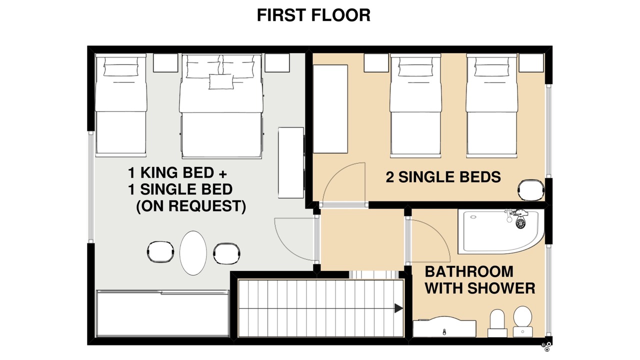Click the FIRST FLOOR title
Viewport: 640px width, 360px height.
[x=313, y=15]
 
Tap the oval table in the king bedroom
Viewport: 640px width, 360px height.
[x=193, y=253]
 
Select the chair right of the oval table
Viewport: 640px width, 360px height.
[x=227, y=253]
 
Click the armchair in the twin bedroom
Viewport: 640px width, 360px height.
[x=531, y=190]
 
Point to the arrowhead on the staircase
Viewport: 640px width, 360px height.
[x=399, y=308]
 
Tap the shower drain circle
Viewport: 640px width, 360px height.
[x=521, y=223]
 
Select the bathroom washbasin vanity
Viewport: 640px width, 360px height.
[x=444, y=326]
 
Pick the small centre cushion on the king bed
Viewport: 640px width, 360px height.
[x=221, y=81]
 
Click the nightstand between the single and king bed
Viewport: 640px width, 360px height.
[x=165, y=63]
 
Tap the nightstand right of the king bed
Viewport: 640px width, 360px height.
[x=277, y=63]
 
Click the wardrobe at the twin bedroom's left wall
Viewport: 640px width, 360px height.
[x=330, y=109]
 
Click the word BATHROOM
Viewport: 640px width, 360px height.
[x=469, y=271]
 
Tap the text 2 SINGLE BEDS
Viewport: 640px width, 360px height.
[x=443, y=177]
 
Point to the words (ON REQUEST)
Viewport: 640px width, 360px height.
[x=191, y=206]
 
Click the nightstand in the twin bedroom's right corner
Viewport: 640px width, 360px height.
[x=531, y=63]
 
